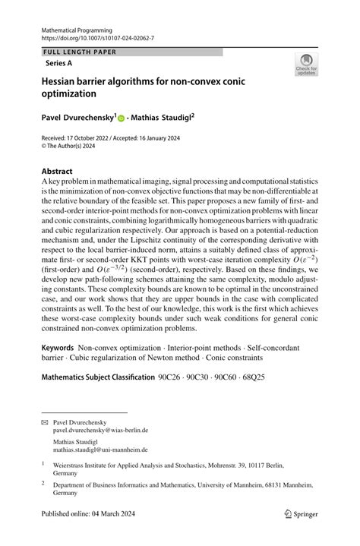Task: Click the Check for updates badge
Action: coord(305,65)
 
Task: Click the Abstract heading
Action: coord(58,172)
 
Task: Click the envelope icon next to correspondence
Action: coord(44,421)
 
